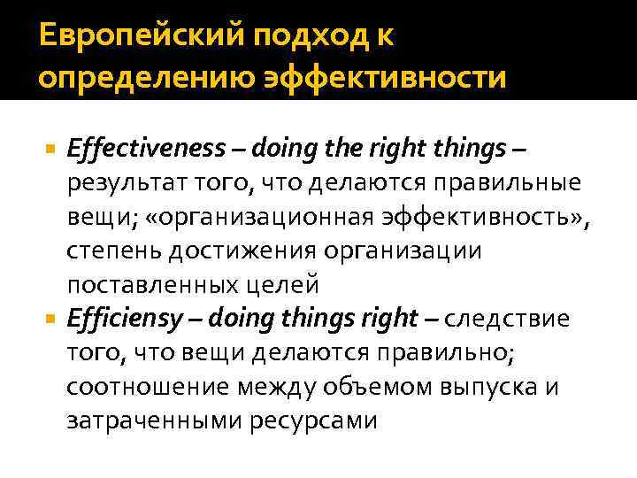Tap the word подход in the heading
click(x=290, y=39)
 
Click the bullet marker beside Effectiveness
click(x=51, y=151)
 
